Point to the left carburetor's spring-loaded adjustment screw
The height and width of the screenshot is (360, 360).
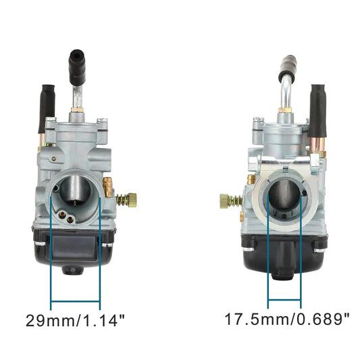point(125,199)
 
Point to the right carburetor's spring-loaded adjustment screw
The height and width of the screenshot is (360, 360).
point(232,200)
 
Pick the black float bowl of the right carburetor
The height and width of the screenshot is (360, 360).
point(286,250)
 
